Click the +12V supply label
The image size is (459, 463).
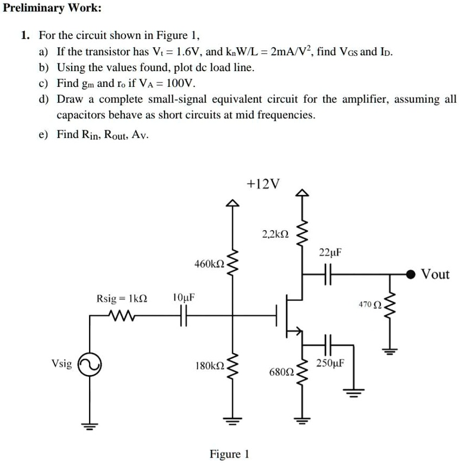pos(263,184)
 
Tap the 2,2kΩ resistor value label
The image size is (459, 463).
pos(275,234)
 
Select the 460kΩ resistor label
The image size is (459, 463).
pos(209,264)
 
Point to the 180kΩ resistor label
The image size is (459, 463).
pos(209,366)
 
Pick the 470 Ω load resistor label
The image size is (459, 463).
pos(369,305)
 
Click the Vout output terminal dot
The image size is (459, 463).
pos(412,275)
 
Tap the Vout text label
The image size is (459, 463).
pos(436,275)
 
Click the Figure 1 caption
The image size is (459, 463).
pos(229,454)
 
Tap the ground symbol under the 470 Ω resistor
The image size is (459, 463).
pos(389,350)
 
